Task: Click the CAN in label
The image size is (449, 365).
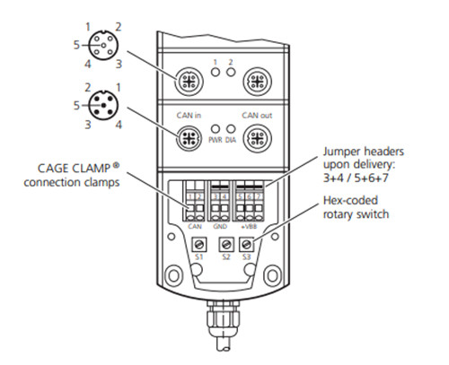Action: (189, 116)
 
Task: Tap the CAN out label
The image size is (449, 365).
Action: (257, 116)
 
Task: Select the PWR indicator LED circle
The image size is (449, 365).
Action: (216, 129)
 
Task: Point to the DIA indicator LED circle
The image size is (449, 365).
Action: (230, 129)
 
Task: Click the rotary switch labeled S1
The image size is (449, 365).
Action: (198, 245)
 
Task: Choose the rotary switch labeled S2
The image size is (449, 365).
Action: (226, 245)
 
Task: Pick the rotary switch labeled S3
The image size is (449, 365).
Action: (246, 245)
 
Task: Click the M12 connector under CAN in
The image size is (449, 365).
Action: (189, 138)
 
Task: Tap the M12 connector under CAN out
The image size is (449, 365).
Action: (257, 138)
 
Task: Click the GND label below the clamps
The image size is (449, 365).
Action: (220, 227)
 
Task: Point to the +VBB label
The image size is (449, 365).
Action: (249, 227)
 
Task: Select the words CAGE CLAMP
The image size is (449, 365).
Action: (74, 169)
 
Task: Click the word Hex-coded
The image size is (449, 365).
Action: (350, 200)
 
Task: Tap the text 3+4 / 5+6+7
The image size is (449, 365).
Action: (356, 178)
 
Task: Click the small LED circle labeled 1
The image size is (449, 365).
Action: (216, 72)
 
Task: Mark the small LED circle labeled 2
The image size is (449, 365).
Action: (231, 72)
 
